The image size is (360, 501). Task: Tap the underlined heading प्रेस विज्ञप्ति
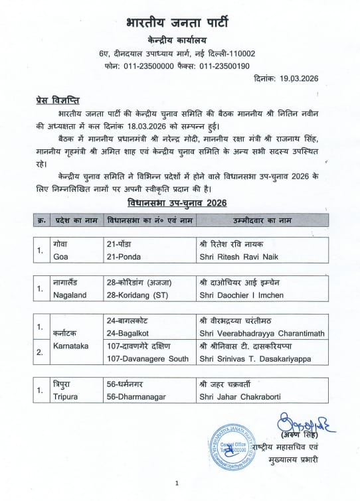coord(58,100)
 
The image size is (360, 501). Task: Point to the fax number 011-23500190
coord(221,66)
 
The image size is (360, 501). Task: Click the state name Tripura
coord(66,396)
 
